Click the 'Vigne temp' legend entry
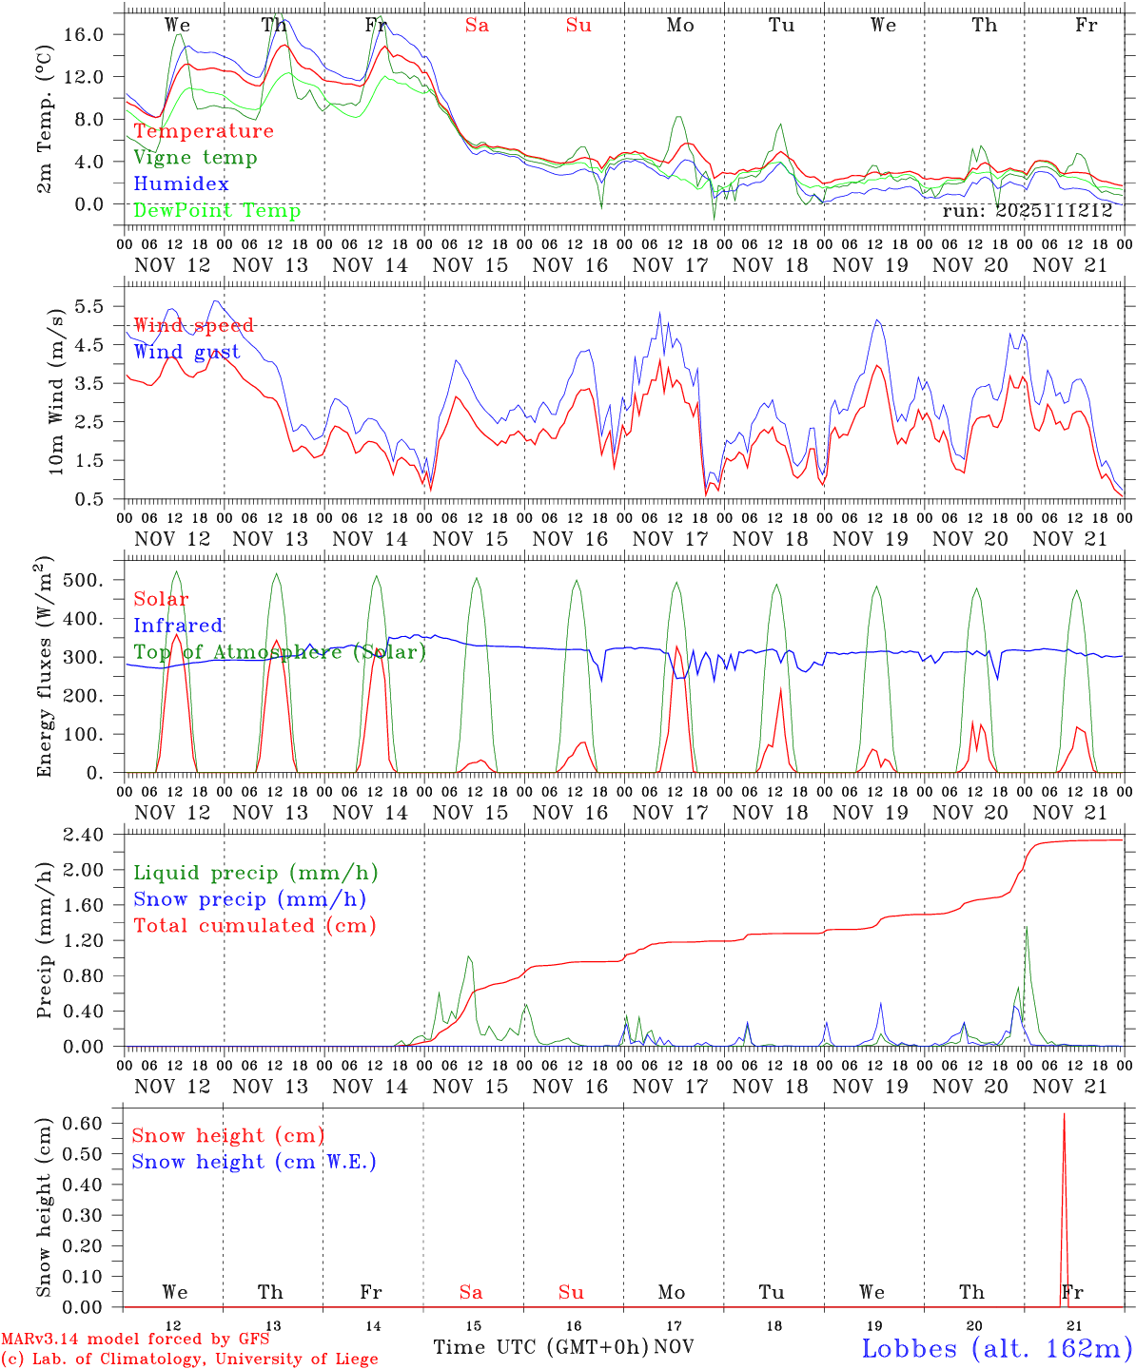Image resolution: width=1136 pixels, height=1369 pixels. click(x=195, y=158)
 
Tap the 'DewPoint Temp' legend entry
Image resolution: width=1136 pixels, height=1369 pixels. click(x=217, y=211)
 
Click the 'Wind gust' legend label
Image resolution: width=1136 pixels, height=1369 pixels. click(x=186, y=353)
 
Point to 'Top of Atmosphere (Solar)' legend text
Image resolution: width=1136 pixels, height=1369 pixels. click(x=279, y=652)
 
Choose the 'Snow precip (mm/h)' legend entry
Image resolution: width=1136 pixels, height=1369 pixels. click(x=249, y=899)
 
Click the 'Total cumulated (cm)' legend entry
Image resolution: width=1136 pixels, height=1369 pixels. click(x=254, y=926)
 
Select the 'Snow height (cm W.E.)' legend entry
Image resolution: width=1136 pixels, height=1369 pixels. click(x=254, y=1162)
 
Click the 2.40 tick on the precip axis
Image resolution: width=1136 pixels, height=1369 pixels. click(x=93, y=835)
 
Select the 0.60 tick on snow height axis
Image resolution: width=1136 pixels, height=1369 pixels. click(x=93, y=1123)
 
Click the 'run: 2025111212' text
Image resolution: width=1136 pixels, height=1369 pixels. click(x=1028, y=210)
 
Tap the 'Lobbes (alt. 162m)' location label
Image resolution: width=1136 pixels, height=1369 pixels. click(x=997, y=1348)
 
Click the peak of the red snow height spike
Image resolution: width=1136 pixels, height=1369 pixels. click(x=1064, y=1113)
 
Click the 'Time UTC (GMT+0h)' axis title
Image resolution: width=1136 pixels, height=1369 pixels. click(x=540, y=1347)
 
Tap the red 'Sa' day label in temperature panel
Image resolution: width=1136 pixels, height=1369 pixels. click(x=477, y=26)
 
